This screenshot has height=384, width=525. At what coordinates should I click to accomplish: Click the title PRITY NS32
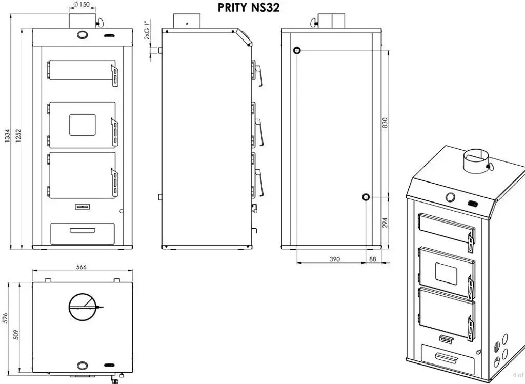click(249, 7)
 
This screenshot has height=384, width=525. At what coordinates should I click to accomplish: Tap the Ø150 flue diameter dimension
click(81, 4)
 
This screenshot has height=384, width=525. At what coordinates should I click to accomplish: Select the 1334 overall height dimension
click(7, 135)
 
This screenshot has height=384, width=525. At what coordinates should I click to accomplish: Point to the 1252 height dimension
click(18, 135)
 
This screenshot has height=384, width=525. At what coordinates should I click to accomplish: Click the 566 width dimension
click(82, 267)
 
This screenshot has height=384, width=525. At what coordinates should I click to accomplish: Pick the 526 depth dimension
click(5, 318)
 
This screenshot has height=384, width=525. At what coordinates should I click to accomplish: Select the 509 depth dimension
click(16, 334)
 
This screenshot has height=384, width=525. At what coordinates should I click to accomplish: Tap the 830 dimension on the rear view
click(385, 123)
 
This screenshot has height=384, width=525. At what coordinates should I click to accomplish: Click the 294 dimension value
click(385, 223)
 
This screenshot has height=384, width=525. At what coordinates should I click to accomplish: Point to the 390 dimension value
click(334, 259)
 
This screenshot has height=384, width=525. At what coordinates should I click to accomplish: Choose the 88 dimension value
click(373, 259)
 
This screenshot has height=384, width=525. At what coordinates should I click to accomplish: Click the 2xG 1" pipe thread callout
click(147, 30)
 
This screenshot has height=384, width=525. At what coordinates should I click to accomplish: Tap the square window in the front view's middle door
click(83, 125)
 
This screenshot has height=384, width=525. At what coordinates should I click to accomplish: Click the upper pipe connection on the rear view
click(297, 51)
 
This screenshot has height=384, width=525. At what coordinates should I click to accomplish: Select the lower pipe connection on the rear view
click(366, 197)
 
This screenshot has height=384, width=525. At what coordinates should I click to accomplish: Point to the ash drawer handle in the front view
click(83, 230)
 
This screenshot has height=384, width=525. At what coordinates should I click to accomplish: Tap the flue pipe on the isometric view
click(476, 160)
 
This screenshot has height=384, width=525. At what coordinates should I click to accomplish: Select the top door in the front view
click(82, 71)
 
